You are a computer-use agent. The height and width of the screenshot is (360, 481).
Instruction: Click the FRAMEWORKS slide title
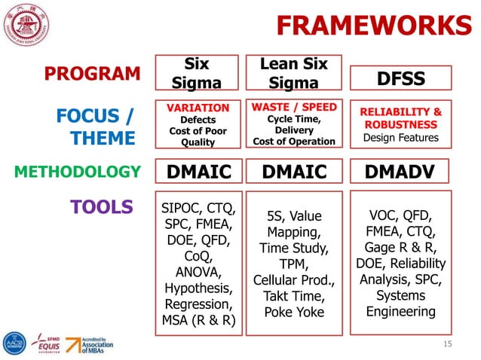pos(373,25)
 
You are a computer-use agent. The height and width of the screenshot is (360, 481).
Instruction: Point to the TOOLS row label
pos(102,206)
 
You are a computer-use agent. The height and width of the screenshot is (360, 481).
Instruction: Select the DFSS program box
pos(400,78)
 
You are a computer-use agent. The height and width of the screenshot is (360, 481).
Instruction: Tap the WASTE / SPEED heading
pos(293,107)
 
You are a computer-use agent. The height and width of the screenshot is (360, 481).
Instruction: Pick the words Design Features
pos(400,138)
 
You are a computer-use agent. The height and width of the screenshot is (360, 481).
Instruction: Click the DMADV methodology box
pos(400,172)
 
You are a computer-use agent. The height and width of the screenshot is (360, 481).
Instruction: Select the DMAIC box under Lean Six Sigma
pos(293,172)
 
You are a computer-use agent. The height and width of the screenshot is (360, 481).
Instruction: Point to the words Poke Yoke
pos(293,312)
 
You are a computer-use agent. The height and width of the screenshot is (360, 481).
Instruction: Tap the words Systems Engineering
pos(400,303)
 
